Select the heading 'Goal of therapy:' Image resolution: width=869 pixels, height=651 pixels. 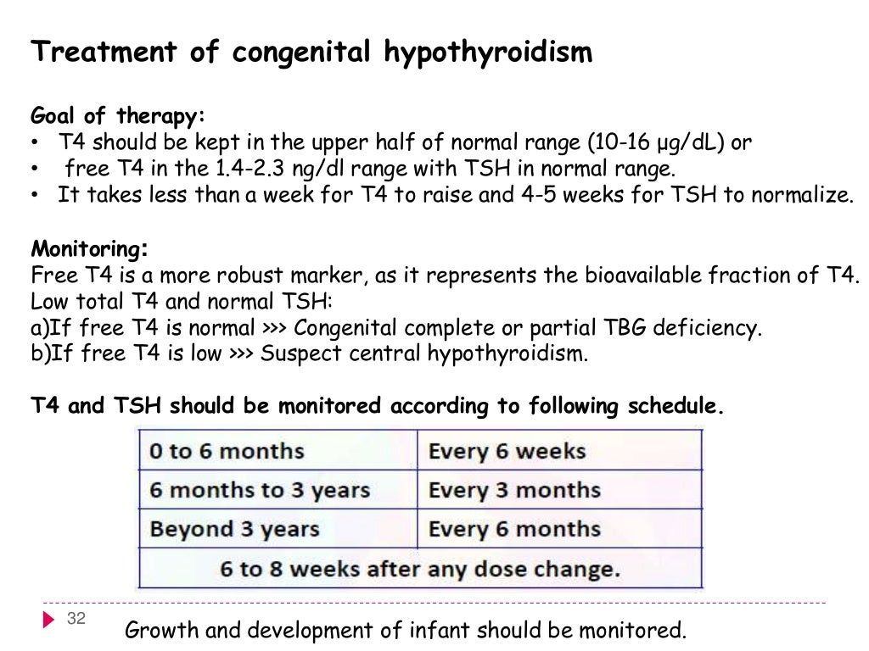click(x=118, y=116)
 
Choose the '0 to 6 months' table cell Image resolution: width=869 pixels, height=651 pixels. click(x=226, y=451)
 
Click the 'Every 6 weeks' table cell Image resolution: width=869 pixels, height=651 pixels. click(x=507, y=451)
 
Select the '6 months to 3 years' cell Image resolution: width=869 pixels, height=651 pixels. click(x=259, y=490)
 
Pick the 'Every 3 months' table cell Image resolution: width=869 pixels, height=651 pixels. click(x=514, y=490)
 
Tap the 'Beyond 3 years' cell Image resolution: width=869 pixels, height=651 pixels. click(x=234, y=529)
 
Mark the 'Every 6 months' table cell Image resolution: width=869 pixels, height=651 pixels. click(x=514, y=529)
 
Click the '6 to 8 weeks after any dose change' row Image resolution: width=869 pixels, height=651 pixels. click(x=420, y=568)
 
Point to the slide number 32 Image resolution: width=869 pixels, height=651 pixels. click(x=76, y=619)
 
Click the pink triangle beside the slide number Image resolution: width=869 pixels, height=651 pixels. click(x=48, y=620)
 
